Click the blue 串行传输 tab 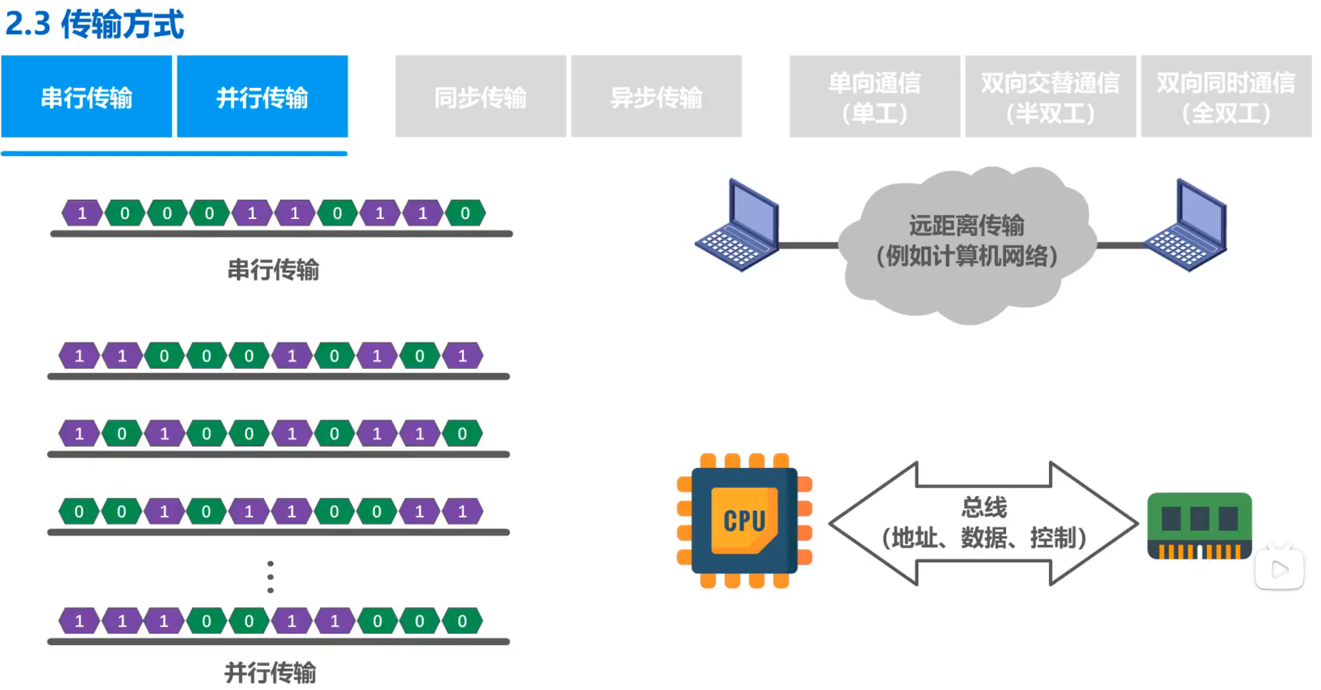86,96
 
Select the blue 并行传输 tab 262,96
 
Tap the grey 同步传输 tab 481,96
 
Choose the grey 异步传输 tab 656,96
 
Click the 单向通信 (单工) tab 875,96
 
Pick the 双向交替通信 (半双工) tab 1050,96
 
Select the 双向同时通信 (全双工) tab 1226,96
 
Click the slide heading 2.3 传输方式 94,24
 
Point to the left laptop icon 738,226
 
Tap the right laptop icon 1187,226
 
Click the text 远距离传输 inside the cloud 966,225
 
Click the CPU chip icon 744,521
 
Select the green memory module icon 1199,526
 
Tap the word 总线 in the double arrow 983,507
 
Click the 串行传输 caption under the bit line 273,270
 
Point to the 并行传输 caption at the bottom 270,672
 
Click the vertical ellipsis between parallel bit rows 270,577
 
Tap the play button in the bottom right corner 1280,569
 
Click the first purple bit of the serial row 82,213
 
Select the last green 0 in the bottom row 462,621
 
